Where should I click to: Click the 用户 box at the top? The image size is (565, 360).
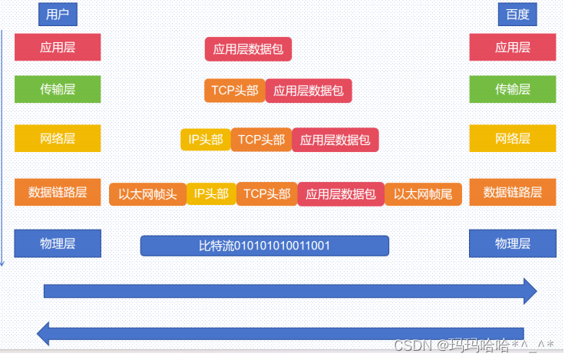pos(58,14)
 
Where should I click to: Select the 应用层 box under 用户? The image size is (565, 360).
pos(58,47)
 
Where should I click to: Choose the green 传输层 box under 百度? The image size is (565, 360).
pos(512,89)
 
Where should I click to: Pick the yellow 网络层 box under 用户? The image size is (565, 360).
pos(58,138)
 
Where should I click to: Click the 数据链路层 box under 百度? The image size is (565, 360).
pos(512,192)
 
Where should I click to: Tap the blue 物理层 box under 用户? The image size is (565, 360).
pos(58,244)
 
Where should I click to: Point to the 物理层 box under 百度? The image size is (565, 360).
pos(512,244)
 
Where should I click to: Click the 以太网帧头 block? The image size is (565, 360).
pos(147,194)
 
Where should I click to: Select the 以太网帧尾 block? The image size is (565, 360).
pos(423,194)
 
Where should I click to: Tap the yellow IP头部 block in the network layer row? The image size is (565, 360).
pos(206,140)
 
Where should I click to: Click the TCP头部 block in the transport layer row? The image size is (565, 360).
pos(234,91)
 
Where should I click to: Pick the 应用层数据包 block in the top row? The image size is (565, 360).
pos(248,50)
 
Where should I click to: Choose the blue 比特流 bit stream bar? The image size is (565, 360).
pos(264,246)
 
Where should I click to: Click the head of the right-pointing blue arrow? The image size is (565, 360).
pos(529,291)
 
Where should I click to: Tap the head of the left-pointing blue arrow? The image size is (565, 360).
pos(45,333)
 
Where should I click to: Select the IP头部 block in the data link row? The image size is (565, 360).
pos(211,194)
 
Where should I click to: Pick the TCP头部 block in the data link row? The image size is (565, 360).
pos(266,194)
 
